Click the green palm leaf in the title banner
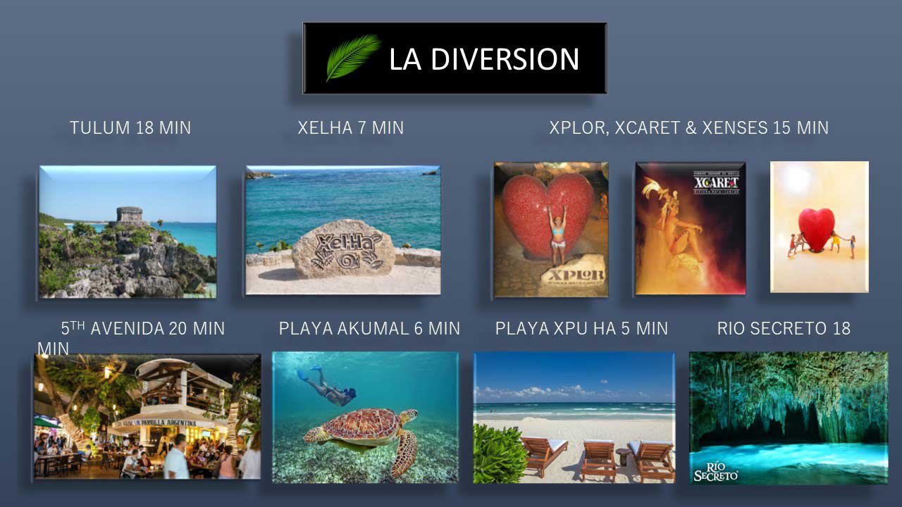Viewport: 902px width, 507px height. pos(353,56)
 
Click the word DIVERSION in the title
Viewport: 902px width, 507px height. pos(505,59)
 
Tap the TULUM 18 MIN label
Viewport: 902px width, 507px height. pos(130,128)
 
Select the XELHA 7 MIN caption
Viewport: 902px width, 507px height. pos(350,128)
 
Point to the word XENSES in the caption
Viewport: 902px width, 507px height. pos(735,128)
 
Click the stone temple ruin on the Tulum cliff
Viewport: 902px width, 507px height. pos(130,215)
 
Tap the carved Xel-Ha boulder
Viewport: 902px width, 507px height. pos(343,249)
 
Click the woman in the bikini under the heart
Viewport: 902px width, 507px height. pos(557,234)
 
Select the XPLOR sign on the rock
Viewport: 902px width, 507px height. pos(573,275)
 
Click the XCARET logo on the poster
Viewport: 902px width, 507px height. pos(716,182)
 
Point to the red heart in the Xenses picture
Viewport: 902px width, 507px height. pos(817,230)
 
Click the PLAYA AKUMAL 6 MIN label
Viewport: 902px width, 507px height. pos(369,328)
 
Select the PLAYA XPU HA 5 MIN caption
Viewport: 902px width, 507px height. pos(581,328)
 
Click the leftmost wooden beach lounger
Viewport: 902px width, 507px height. pos(542,456)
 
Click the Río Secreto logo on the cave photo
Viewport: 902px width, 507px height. pos(715,472)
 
